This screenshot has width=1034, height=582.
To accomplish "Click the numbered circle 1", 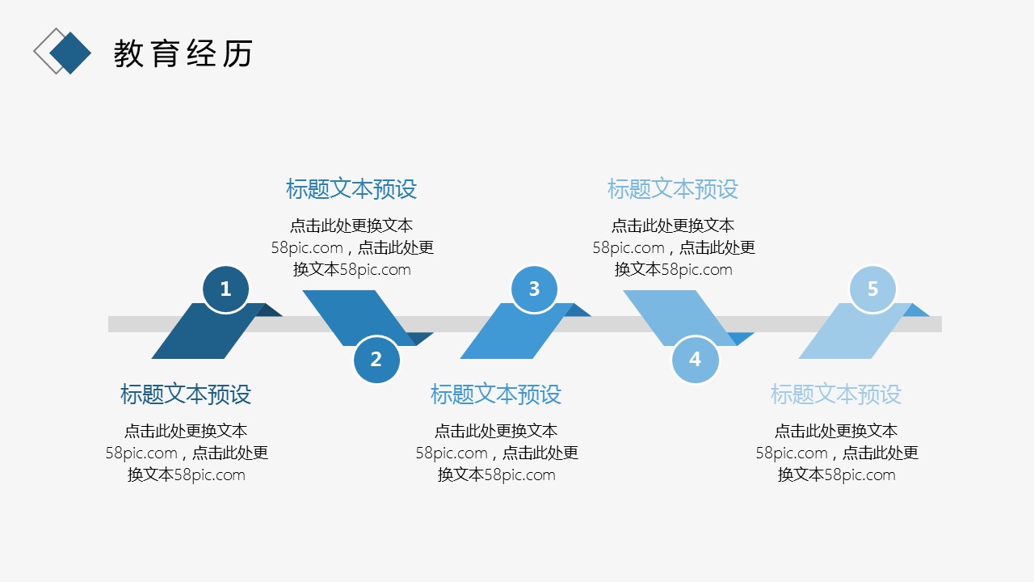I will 225,289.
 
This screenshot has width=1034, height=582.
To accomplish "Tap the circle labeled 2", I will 376,359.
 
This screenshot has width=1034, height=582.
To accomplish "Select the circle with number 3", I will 534,289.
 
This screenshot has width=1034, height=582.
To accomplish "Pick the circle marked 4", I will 695,359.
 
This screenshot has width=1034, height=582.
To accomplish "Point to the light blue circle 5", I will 872,289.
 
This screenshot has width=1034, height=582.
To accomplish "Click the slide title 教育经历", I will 183,53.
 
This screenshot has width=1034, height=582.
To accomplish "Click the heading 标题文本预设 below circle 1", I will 186,394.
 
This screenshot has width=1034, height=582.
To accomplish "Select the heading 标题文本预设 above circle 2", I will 351,189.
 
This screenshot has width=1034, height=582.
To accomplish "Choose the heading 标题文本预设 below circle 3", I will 496,394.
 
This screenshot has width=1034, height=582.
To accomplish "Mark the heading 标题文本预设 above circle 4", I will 673,189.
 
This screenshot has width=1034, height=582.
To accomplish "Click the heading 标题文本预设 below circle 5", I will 836,394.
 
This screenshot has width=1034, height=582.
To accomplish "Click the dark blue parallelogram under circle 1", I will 202,335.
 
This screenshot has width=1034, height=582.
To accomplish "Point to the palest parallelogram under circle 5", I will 848,335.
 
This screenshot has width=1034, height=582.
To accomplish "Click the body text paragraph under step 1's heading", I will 187,453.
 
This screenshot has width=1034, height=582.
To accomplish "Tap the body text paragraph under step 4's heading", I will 674,247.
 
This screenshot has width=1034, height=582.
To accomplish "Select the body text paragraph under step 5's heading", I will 837,453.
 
